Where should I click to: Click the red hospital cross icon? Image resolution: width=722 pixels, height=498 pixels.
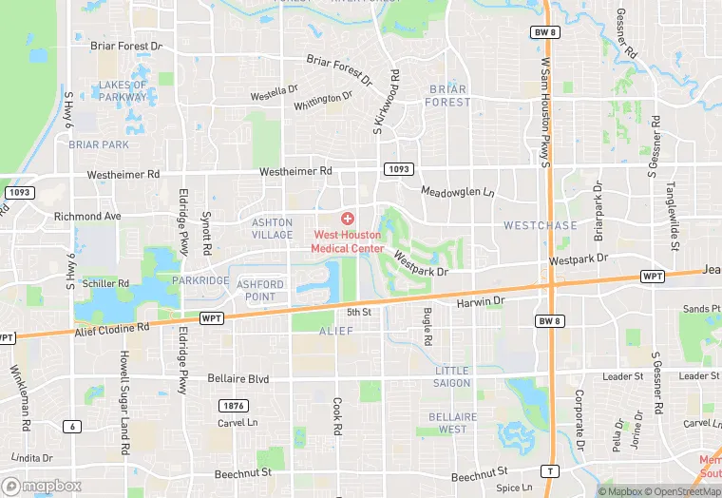point(348,219)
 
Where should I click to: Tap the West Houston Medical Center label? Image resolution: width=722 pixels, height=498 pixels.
point(349,241)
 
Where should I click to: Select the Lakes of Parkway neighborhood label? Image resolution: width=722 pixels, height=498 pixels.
point(123,90)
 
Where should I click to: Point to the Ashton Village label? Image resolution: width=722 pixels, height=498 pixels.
point(272,228)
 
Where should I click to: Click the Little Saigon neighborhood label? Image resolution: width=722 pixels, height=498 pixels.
point(452,376)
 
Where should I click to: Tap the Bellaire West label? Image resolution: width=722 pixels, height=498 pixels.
point(446,423)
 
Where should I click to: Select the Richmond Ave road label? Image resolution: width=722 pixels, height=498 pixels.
point(88,217)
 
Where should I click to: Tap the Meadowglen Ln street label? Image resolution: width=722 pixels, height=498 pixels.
point(458,192)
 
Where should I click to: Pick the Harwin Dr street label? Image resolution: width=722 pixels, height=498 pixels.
point(483,301)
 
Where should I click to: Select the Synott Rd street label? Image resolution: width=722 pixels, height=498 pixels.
point(206,235)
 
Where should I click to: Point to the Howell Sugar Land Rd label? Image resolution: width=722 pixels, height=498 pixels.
point(123,401)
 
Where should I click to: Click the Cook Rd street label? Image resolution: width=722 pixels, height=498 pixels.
point(337,416)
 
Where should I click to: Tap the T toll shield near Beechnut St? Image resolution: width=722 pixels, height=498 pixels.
point(549,471)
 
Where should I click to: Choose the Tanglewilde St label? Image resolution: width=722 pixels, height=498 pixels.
point(671,215)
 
